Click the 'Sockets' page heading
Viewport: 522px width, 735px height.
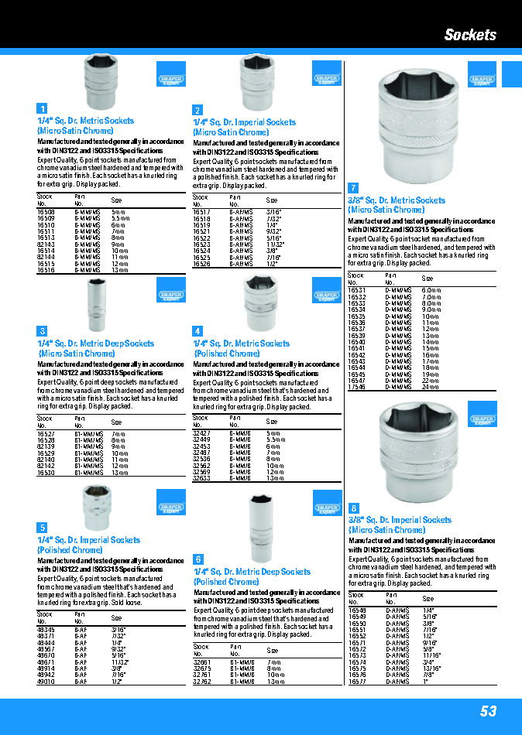[x=470, y=35]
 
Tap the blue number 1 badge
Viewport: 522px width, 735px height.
[x=43, y=109]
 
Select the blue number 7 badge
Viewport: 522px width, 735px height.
[x=353, y=188]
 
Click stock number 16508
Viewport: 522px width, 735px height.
[x=46, y=211]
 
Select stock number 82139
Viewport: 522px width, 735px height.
[x=46, y=446]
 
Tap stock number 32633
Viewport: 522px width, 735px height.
[x=201, y=478]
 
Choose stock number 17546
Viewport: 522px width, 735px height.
[x=356, y=387]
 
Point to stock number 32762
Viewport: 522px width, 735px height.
[x=201, y=682]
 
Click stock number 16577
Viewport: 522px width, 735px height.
[x=357, y=682]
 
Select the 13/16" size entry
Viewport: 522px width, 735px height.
[x=432, y=669]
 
